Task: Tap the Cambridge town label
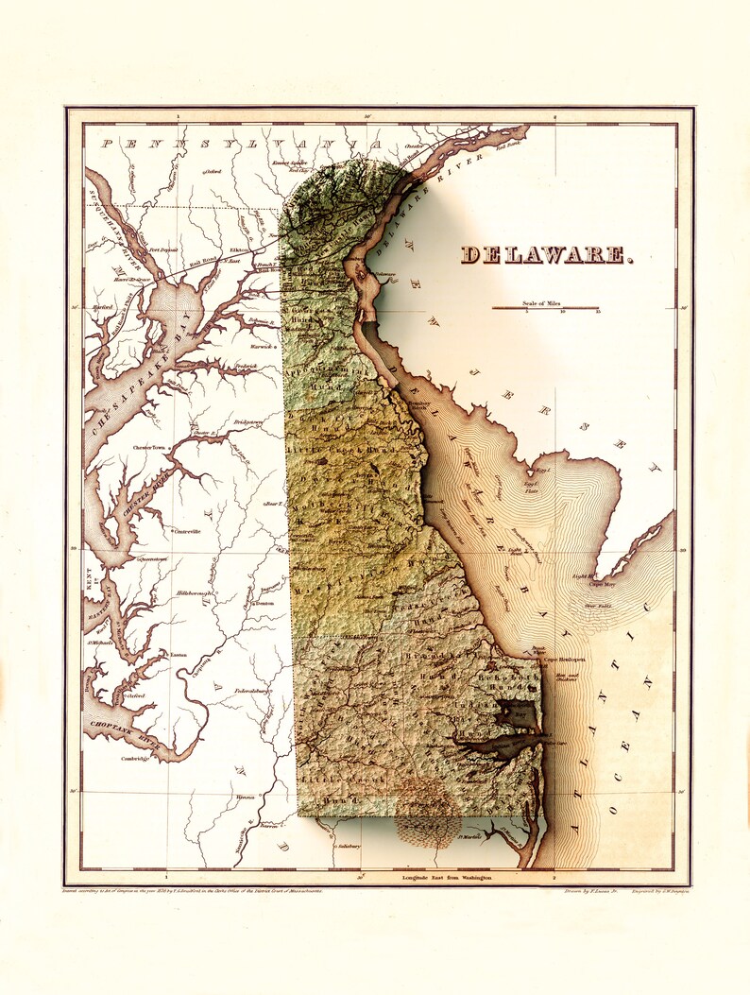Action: pyautogui.click(x=136, y=759)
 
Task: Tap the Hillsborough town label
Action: pyautogui.click(x=198, y=592)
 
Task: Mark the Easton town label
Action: pyautogui.click(x=178, y=654)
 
